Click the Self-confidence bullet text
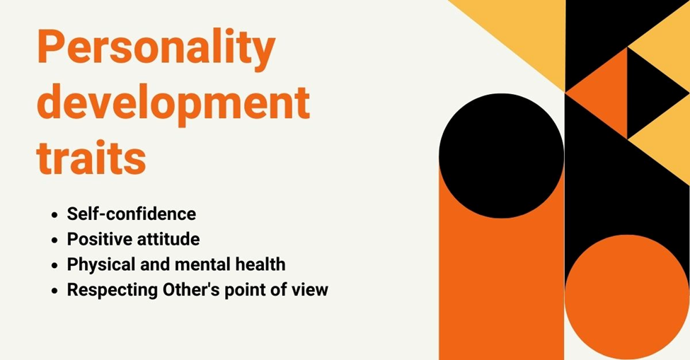point(131,214)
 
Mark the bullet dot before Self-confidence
point(54,214)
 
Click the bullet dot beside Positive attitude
point(54,240)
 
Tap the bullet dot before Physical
point(54,265)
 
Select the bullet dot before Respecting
point(54,291)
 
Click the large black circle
point(501,155)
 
